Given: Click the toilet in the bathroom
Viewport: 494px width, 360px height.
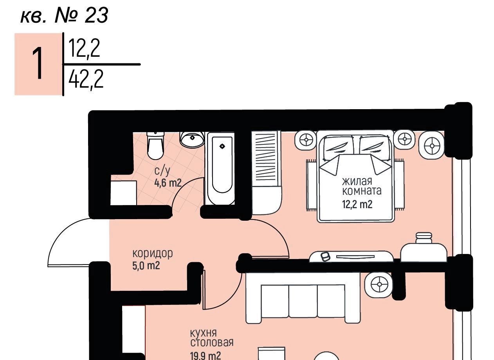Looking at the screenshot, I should point(155,146).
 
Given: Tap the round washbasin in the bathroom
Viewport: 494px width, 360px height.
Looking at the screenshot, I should point(192,139).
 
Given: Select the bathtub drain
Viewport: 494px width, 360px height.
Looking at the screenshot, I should point(222,146).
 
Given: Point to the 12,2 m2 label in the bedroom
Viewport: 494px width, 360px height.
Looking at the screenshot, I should point(357,204).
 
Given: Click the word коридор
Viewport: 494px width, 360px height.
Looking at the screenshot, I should point(152,254).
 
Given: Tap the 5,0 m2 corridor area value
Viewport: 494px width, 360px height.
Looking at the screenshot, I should point(146,266).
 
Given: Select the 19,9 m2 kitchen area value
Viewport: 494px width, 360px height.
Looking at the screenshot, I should point(205,356).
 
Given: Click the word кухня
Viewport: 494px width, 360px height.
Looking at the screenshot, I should point(203,333).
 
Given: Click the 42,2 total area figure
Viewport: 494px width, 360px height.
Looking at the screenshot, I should point(86,80).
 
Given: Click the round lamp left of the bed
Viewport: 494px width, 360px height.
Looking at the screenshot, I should point(306,139).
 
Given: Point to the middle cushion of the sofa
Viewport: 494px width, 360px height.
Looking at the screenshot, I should point(303,301).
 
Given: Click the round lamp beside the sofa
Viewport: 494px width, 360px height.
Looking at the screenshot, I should point(379,284).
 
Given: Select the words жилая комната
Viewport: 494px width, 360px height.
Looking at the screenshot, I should point(361,186).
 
